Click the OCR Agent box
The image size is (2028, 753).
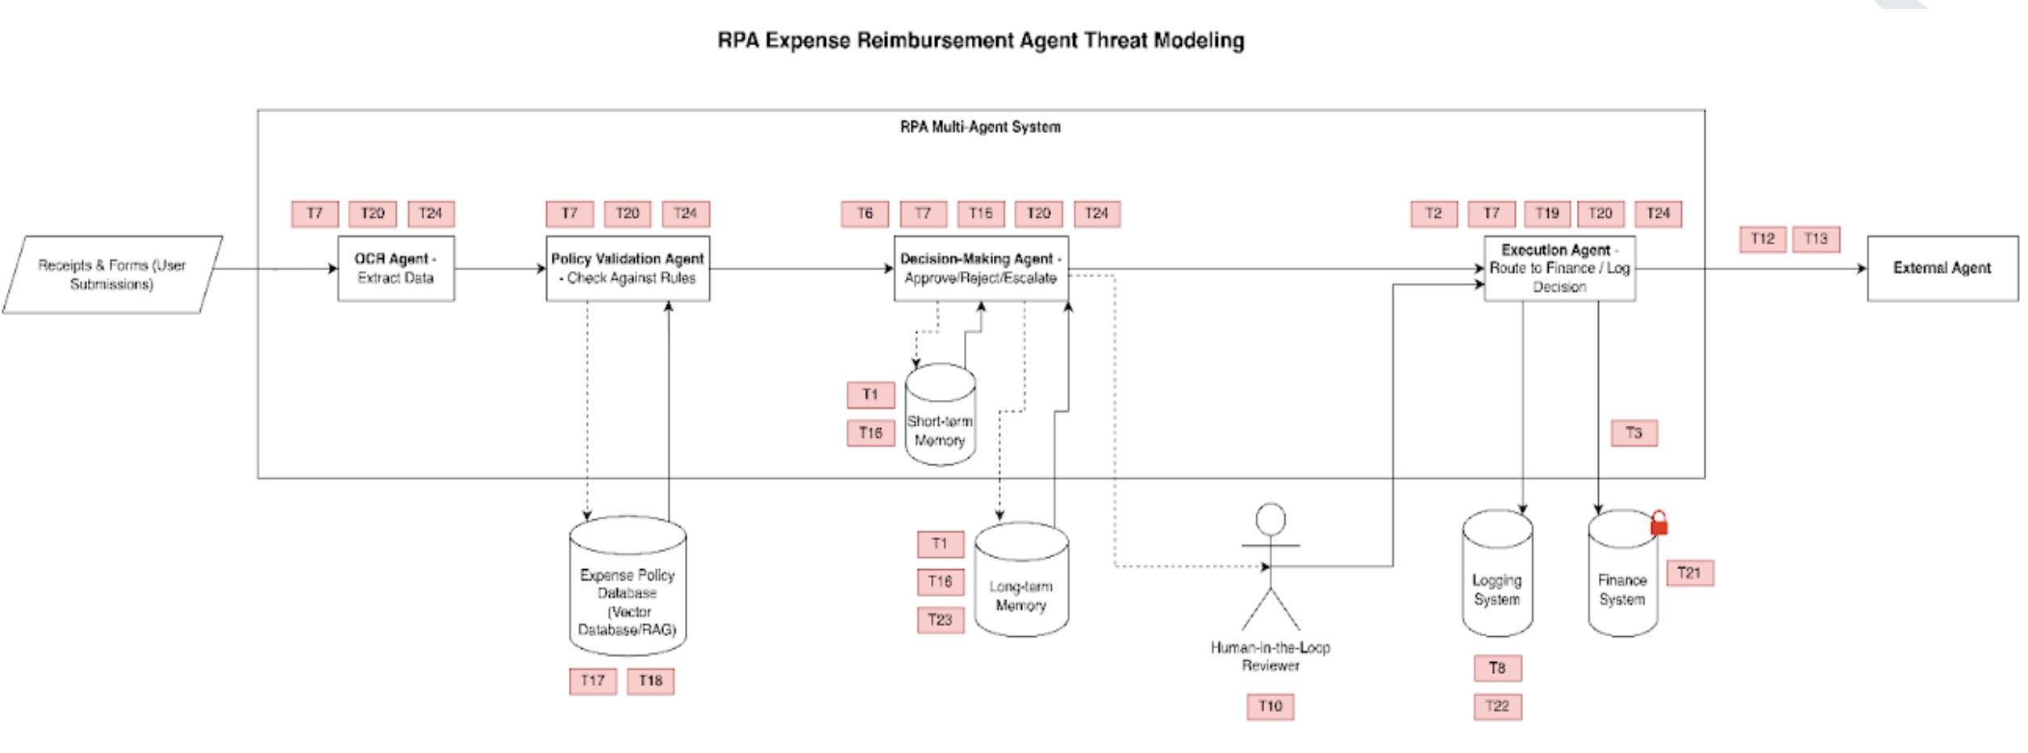[x=395, y=268]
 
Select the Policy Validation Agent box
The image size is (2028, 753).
[x=628, y=268]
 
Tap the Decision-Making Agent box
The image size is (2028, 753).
[x=981, y=268]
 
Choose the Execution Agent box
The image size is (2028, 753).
[x=1559, y=268]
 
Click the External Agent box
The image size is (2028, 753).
[x=1942, y=268]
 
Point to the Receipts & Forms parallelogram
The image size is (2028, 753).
[x=112, y=275]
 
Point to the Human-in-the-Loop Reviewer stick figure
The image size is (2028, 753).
[x=1271, y=568]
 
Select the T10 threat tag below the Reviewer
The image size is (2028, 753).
[x=1271, y=707]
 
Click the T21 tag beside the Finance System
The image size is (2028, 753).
[x=1689, y=573]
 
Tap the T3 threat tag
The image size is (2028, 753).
[x=1634, y=433]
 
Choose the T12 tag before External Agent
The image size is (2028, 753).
[x=1763, y=239]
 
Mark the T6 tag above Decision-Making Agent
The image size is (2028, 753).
[x=865, y=214]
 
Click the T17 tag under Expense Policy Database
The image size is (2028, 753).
[x=593, y=681]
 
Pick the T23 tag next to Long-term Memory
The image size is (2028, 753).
[x=941, y=620]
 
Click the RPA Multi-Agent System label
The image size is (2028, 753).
[x=980, y=127]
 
